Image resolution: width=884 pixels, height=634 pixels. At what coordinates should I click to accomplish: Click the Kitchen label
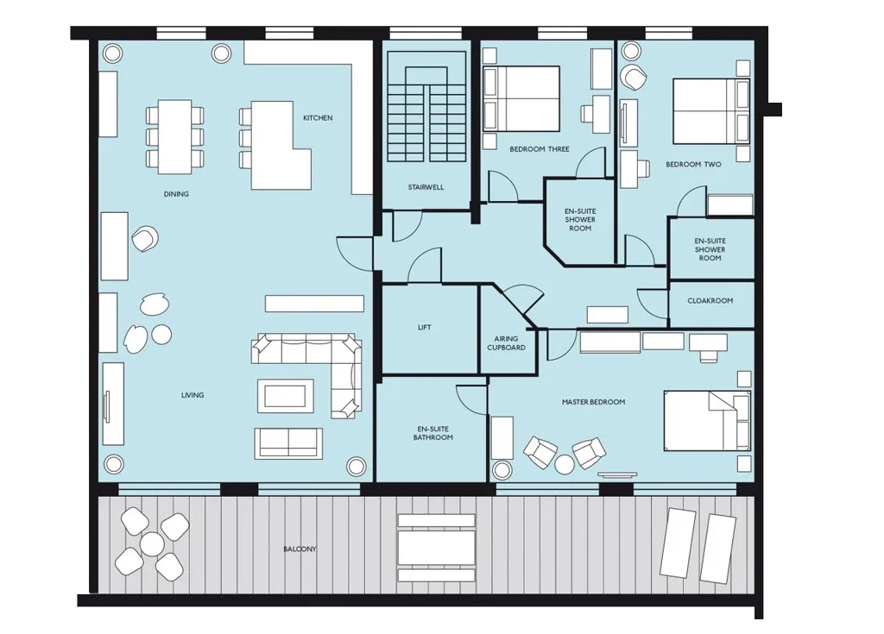click(x=318, y=118)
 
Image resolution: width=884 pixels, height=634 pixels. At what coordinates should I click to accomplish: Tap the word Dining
click(x=176, y=194)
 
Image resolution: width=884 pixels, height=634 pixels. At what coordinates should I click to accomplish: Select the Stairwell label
click(x=426, y=187)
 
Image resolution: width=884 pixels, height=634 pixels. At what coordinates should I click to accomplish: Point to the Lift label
click(x=425, y=328)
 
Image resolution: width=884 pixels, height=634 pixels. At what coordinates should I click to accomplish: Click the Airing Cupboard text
click(x=506, y=343)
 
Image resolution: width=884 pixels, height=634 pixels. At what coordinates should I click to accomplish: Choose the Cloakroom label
click(x=710, y=301)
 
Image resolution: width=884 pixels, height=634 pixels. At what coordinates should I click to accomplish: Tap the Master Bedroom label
click(x=594, y=402)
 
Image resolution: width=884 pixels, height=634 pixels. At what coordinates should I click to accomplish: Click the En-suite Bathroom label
click(x=433, y=433)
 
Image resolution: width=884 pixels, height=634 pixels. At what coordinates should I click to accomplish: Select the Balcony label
click(x=300, y=549)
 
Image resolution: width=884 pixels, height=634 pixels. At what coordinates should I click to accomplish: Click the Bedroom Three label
click(x=540, y=149)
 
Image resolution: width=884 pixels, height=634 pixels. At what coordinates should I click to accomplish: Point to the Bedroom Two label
click(x=693, y=165)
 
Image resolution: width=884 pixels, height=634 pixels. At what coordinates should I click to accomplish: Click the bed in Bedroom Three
click(x=521, y=99)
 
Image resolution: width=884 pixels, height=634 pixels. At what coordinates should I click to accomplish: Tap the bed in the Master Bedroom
click(x=708, y=420)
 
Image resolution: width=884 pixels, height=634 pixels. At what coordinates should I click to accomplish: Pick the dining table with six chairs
click(x=174, y=137)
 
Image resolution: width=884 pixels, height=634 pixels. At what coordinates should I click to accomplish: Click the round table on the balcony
click(x=152, y=544)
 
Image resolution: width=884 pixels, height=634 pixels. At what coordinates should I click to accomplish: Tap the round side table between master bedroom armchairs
click(x=565, y=464)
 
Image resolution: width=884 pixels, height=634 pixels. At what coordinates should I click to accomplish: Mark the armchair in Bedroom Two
click(x=635, y=78)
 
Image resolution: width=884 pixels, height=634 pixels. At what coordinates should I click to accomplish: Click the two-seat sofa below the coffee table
click(x=288, y=443)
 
